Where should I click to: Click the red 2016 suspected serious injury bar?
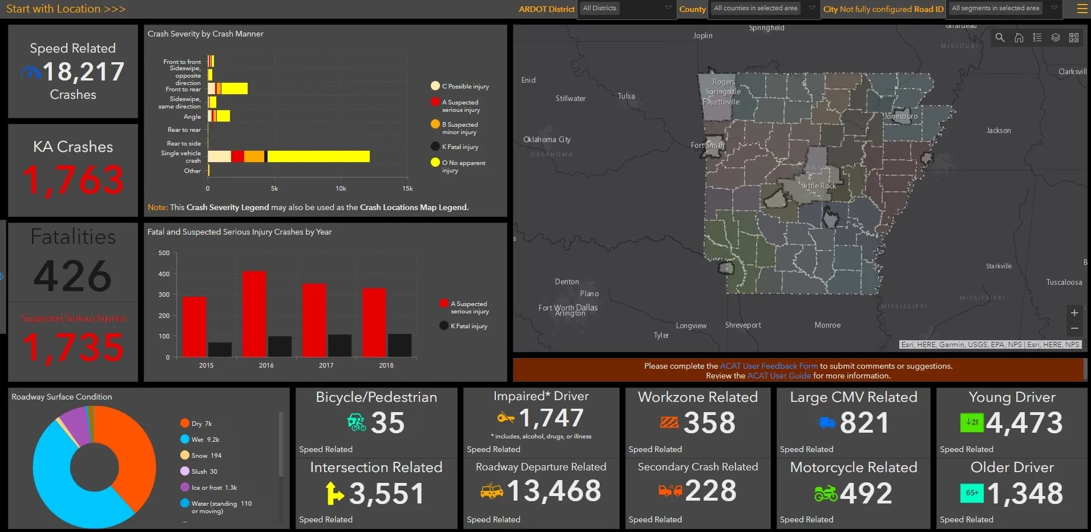coord(254,314)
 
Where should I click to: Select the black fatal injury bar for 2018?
coord(399,345)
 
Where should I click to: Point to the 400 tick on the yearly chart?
coord(164,274)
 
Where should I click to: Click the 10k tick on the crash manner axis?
coord(341,188)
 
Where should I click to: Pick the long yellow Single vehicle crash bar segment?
coord(318,156)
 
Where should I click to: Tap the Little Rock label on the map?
coord(819,186)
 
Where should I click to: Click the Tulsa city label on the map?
coord(626,96)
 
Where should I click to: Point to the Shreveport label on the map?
coord(743,325)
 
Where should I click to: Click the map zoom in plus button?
coord(1074,313)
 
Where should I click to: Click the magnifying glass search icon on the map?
coord(1000,38)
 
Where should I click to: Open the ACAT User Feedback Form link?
coord(769,366)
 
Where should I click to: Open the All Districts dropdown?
coord(627,9)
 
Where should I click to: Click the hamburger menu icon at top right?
coord(1082,9)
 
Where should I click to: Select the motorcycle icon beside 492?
coord(826,493)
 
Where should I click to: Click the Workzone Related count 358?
coord(709,423)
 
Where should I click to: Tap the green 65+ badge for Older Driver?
coord(972,493)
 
